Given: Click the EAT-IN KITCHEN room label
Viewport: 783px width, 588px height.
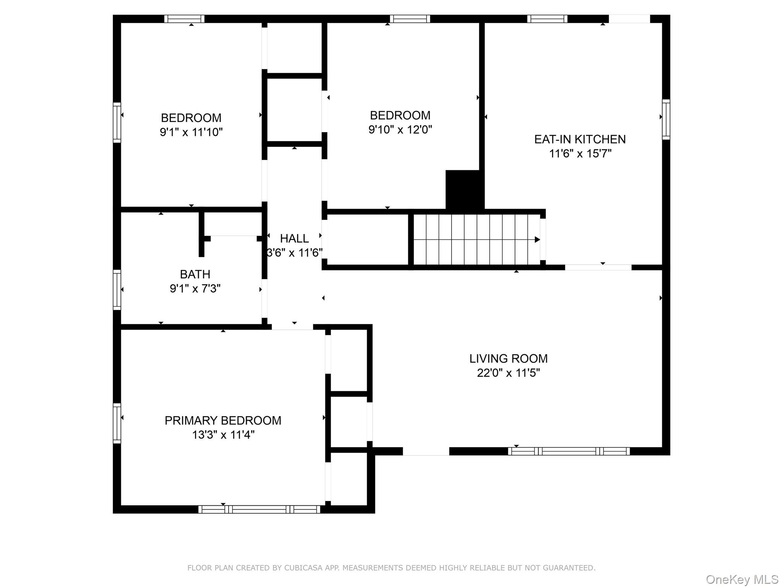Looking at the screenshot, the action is [580, 139].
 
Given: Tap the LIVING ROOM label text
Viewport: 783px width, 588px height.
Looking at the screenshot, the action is [508, 359].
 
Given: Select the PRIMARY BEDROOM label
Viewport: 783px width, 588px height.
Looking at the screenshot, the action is [223, 421].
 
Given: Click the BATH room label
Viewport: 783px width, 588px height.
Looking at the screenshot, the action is [195, 274].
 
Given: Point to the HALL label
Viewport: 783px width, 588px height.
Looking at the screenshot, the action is [294, 238].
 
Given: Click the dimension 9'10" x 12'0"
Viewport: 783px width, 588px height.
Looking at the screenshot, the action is [400, 129].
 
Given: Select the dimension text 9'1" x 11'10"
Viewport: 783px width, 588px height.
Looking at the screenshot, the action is [191, 132].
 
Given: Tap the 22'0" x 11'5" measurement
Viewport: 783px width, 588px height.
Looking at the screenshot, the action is [508, 373].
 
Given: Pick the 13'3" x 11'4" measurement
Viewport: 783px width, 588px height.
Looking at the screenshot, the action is [223, 435].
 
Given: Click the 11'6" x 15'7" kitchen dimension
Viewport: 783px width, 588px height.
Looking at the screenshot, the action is [580, 154].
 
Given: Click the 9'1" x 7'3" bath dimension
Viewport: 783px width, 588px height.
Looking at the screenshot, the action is [195, 289].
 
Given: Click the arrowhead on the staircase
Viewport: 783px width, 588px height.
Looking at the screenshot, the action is [537, 240].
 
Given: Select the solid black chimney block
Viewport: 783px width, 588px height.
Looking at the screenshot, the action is [465, 190].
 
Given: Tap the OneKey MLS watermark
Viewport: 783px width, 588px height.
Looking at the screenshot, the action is [742, 580].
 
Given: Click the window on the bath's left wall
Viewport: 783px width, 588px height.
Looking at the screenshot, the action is [117, 290].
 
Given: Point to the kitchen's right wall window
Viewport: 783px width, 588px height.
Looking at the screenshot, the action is [666, 119].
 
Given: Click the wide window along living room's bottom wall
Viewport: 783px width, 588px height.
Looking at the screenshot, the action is [569, 451].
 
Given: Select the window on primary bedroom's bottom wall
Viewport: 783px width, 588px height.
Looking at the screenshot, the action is [259, 509].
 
